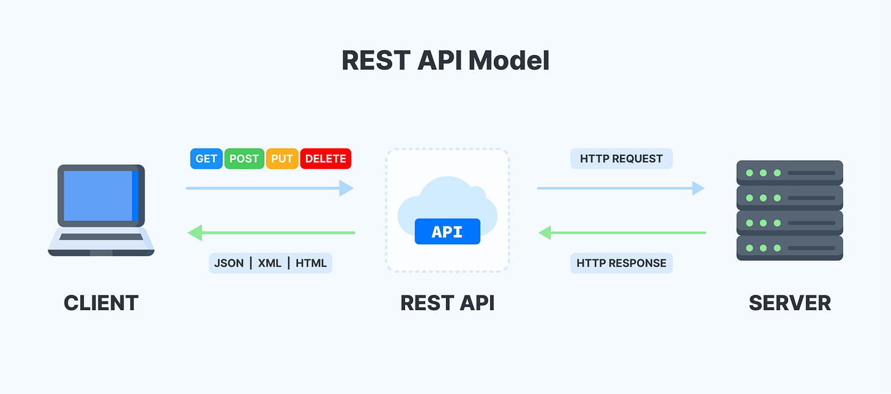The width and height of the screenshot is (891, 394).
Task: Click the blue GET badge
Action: pyautogui.click(x=207, y=158)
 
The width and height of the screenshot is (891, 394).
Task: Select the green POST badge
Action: pyautogui.click(x=245, y=158)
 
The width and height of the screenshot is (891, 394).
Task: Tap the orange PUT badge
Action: pyautogui.click(x=282, y=158)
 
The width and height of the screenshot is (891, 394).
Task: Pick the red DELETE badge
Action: pyautogui.click(x=326, y=158)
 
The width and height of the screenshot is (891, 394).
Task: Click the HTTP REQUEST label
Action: pyautogui.click(x=621, y=158)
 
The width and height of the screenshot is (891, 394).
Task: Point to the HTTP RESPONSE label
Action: pyautogui.click(x=621, y=263)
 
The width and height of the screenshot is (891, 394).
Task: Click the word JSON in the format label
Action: pyautogui.click(x=229, y=263)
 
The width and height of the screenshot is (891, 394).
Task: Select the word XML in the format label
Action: pyautogui.click(x=269, y=263)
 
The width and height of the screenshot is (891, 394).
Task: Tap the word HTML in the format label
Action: pyautogui.click(x=311, y=263)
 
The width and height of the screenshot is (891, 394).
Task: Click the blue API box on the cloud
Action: pyautogui.click(x=447, y=232)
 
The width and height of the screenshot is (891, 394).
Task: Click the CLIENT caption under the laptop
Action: pyautogui.click(x=101, y=303)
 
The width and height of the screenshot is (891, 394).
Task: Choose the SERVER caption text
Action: pyautogui.click(x=789, y=303)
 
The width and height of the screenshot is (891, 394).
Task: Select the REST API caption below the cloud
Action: pyautogui.click(x=447, y=303)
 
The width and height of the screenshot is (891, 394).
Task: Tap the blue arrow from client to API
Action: pyautogui.click(x=269, y=188)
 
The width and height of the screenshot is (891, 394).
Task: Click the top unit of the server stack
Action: pyautogui.click(x=789, y=173)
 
